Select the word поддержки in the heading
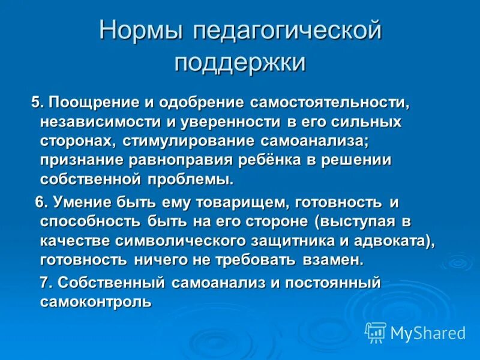[x=240, y=62]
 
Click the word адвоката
[x=382, y=241]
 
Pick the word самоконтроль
[x=95, y=302]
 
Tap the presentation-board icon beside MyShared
[x=376, y=332]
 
